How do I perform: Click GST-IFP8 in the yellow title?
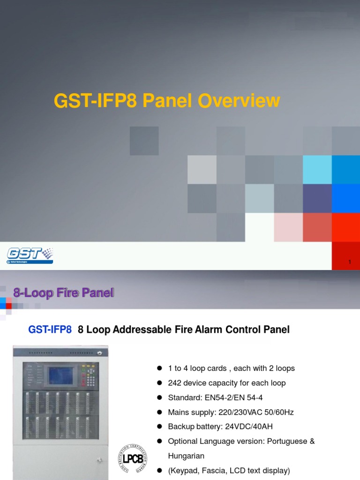tap(95, 101)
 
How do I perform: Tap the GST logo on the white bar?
tap(30, 255)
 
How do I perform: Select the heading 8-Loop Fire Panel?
tap(64, 293)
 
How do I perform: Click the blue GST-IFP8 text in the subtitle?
tap(50, 330)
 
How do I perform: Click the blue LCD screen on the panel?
tap(60, 375)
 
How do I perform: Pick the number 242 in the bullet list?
tap(175, 383)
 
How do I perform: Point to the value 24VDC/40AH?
tap(250, 427)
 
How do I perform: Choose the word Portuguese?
tap(285, 441)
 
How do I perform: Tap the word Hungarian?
tap(186, 456)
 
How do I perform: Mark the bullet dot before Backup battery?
tap(159, 427)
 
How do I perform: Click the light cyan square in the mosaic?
tap(317, 170)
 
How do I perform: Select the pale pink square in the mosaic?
tap(288, 227)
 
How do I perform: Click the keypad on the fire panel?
tap(88, 375)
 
